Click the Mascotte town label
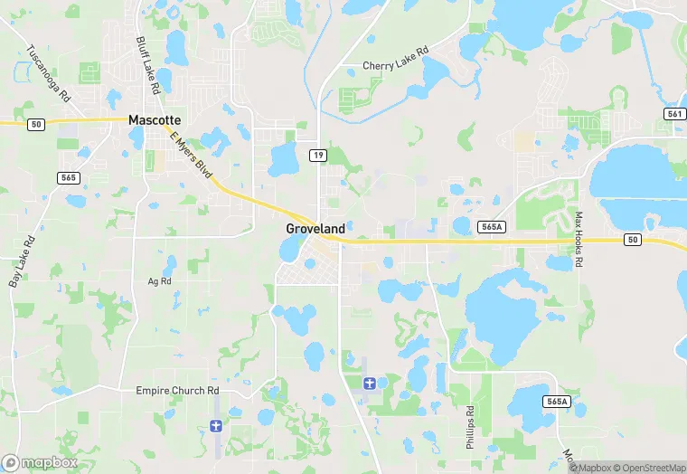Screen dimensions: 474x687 (x=155, y=119)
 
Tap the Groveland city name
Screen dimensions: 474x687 (x=315, y=229)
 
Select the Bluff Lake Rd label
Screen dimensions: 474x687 (x=147, y=66)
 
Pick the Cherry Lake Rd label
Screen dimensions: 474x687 (x=394, y=65)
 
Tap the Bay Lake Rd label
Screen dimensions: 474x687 (x=22, y=261)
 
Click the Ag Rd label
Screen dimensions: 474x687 (x=159, y=281)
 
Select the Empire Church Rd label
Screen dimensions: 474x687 (x=178, y=391)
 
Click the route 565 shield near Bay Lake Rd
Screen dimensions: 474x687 (x=70, y=177)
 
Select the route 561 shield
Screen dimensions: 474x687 (x=674, y=113)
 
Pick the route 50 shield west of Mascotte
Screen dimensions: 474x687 (x=35, y=124)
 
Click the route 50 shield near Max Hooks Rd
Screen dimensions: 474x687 (x=632, y=239)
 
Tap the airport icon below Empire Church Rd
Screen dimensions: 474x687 (x=215, y=425)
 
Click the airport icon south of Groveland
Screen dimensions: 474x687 (x=369, y=384)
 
